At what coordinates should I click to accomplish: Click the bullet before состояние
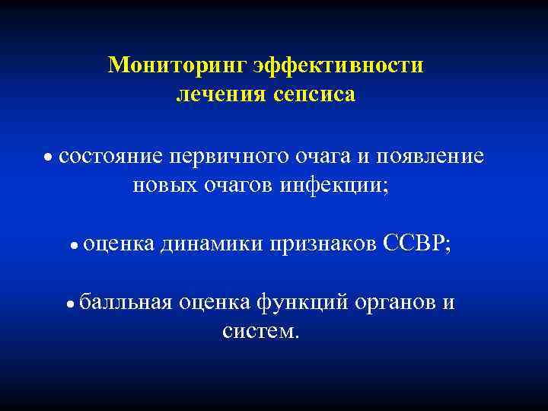click(x=48, y=158)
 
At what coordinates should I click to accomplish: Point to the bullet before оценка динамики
click(x=75, y=246)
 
